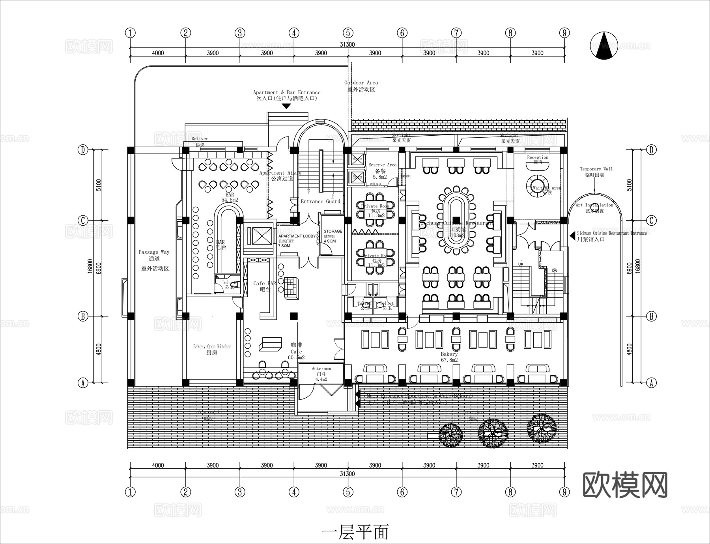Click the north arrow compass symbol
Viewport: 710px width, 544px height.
pyautogui.click(x=604, y=46)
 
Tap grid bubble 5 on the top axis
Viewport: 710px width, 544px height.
pyautogui.click(x=348, y=33)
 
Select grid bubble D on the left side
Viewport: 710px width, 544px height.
pyautogui.click(x=82, y=150)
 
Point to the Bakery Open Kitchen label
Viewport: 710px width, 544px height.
pyautogui.click(x=212, y=350)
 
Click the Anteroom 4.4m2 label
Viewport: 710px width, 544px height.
pyautogui.click(x=321, y=374)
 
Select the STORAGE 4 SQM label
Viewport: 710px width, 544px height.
pyautogui.click(x=333, y=236)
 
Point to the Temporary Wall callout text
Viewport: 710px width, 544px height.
pyautogui.click(x=596, y=172)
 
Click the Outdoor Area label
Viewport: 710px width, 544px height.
pyautogui.click(x=361, y=86)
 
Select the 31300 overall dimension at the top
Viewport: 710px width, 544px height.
pyautogui.click(x=347, y=45)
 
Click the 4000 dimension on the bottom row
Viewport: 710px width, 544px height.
pyautogui.click(x=157, y=465)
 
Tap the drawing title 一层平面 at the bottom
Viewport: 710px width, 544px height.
pyautogui.click(x=355, y=531)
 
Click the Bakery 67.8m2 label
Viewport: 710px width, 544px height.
pyautogui.click(x=449, y=357)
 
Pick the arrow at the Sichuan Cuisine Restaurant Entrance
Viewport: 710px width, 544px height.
pyautogui.click(x=572, y=236)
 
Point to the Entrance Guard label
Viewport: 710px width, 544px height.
pyautogui.click(x=320, y=202)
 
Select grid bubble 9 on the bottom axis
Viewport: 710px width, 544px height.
pyautogui.click(x=564, y=492)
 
